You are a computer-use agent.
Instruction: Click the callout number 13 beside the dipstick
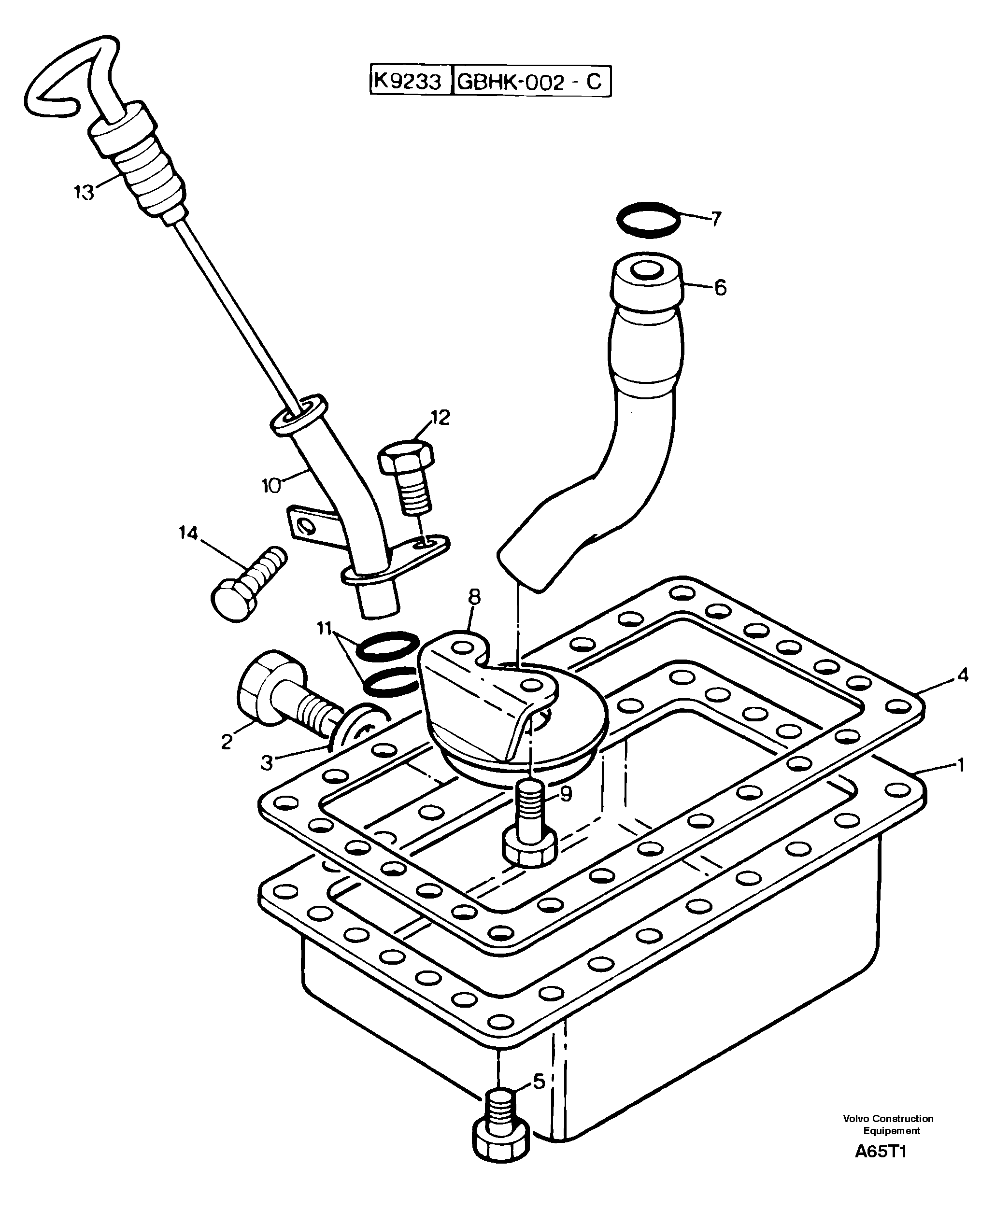click(x=84, y=193)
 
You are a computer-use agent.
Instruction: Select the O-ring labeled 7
click(x=648, y=220)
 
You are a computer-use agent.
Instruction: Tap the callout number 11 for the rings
click(x=325, y=629)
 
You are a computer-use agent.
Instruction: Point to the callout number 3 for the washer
click(x=267, y=763)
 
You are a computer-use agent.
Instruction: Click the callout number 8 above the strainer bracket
click(x=474, y=597)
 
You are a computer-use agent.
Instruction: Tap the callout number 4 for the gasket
click(x=963, y=675)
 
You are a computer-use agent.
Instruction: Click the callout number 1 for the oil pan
click(x=961, y=765)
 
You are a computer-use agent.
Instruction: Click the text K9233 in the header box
click(x=408, y=82)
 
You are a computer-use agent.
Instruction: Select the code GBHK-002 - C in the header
click(x=530, y=82)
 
